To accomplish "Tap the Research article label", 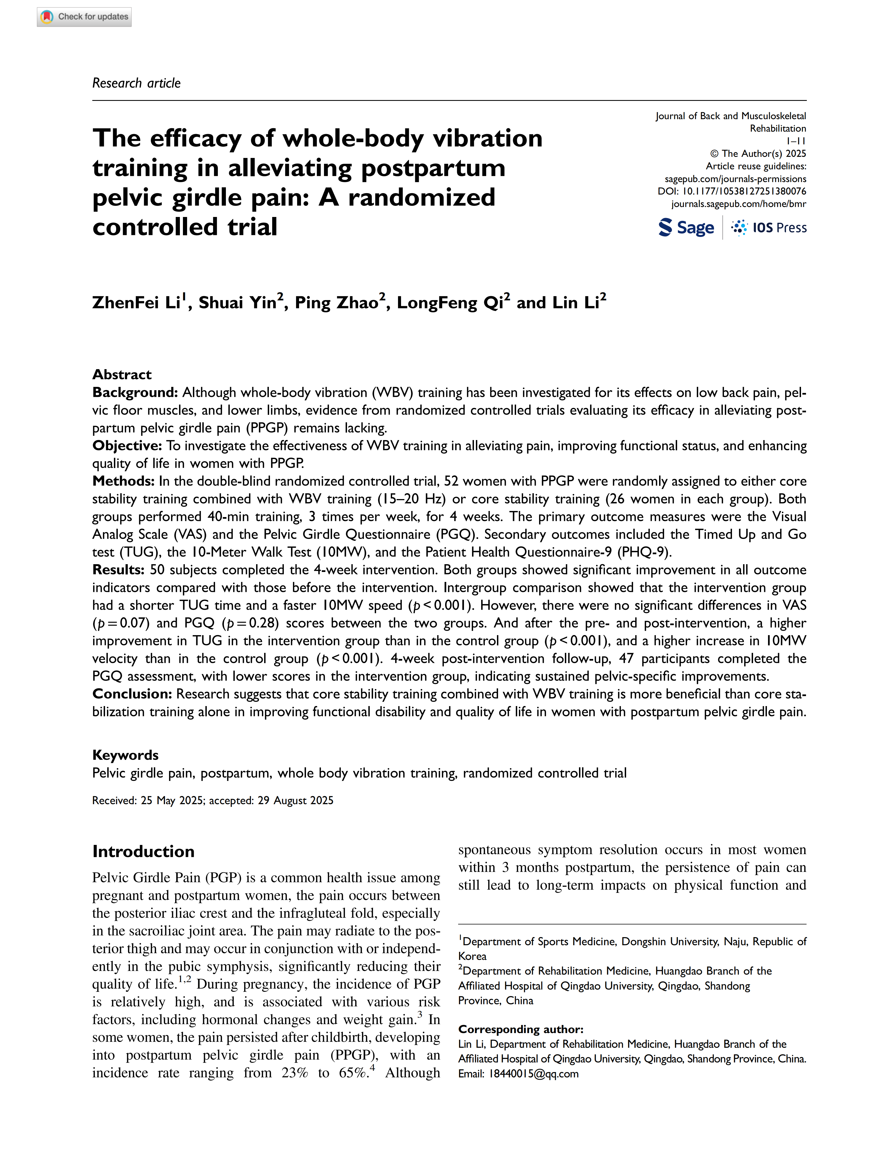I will click(136, 83).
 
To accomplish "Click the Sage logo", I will click(686, 228).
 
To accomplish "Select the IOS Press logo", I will click(769, 228).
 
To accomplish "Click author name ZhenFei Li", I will click(137, 302).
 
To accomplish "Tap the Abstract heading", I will click(122, 374).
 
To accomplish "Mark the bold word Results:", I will click(118, 569).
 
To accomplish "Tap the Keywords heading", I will click(125, 755).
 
